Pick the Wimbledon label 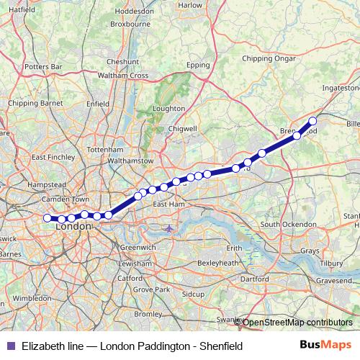(32, 297)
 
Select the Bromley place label (148, 314)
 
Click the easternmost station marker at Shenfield (313, 121)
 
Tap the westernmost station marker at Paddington (48, 217)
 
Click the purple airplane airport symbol (169, 229)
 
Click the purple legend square (9, 346)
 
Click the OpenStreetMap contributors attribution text (297, 322)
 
